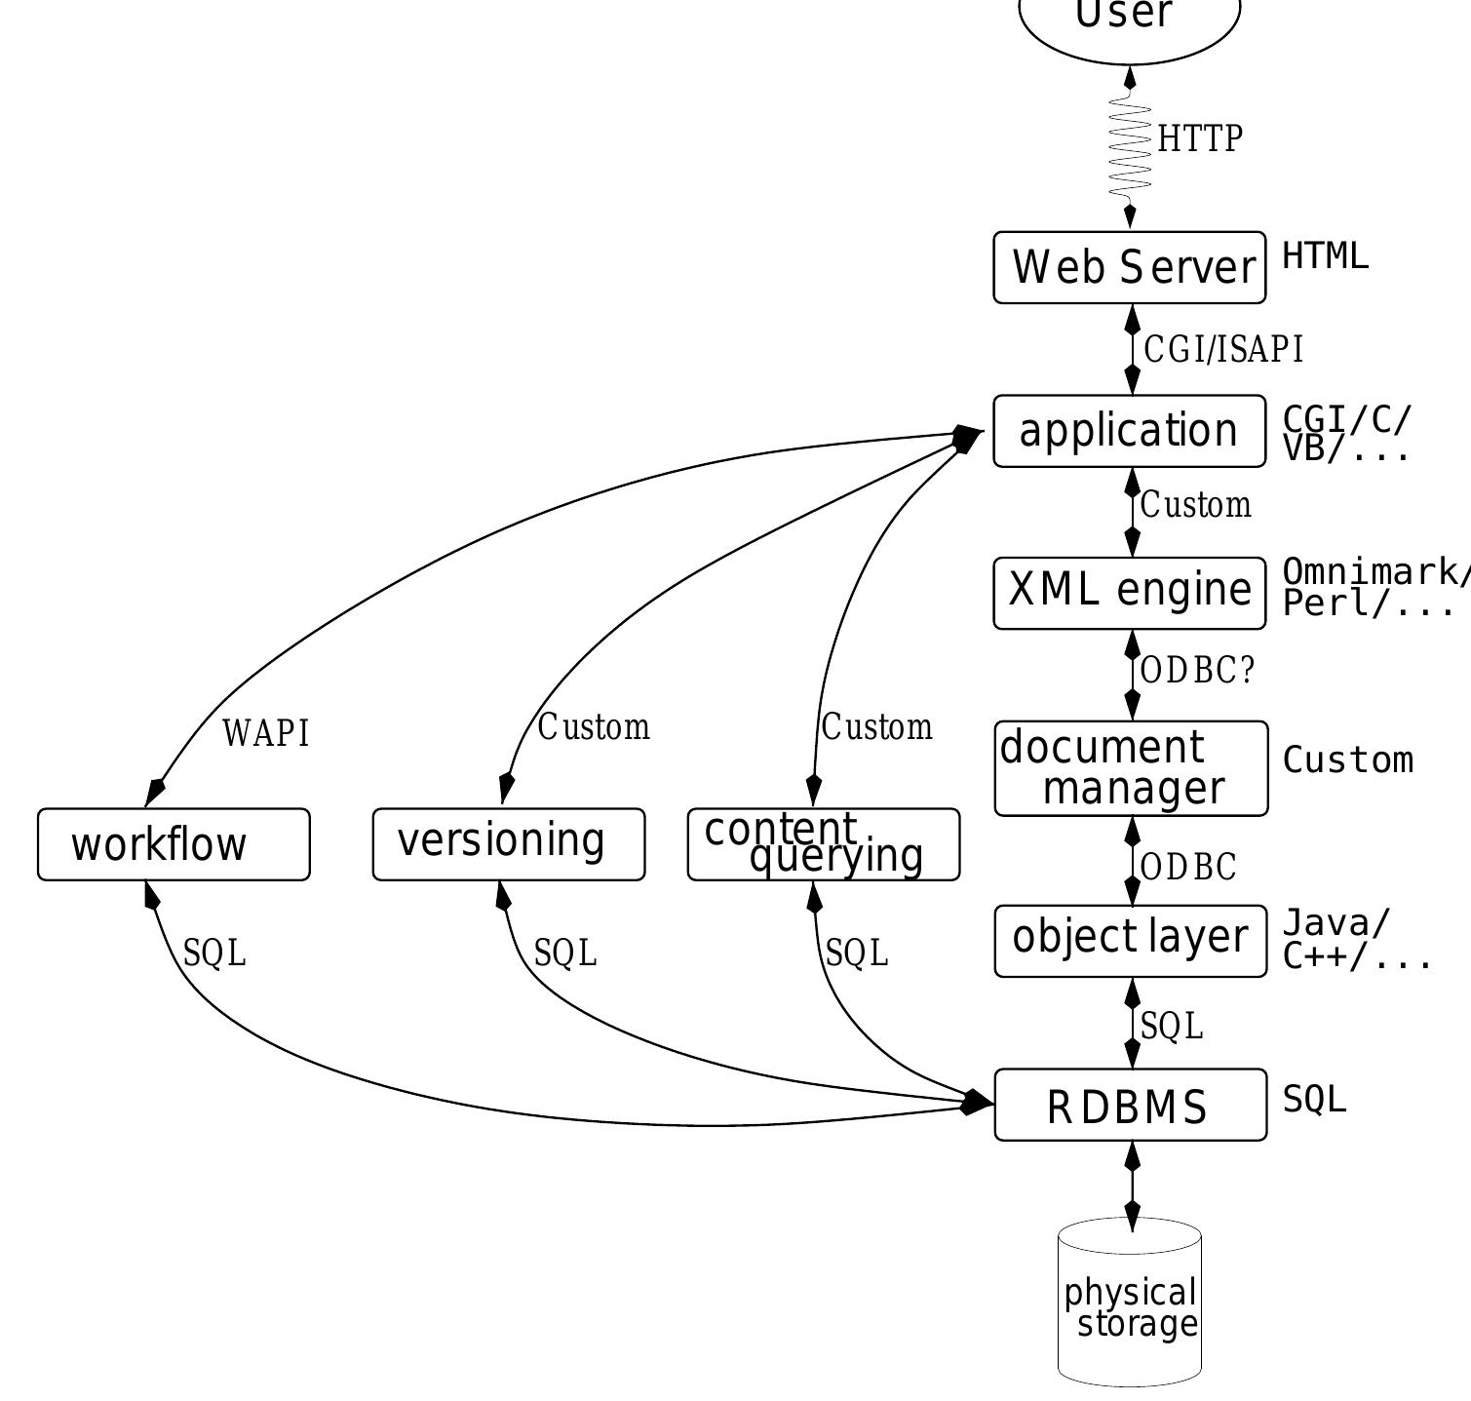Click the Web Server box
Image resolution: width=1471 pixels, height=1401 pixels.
click(x=1130, y=267)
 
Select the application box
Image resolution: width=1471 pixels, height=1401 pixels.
click(x=1130, y=431)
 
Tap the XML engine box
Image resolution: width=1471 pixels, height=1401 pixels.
click(x=1130, y=593)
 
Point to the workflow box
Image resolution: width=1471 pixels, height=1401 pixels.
click(x=174, y=844)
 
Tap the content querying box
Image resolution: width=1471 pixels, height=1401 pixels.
click(x=824, y=844)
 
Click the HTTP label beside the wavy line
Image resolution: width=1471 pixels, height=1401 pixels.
click(x=1200, y=138)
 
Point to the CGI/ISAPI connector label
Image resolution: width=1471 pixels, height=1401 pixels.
click(x=1223, y=349)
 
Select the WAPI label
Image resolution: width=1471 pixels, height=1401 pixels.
click(x=266, y=733)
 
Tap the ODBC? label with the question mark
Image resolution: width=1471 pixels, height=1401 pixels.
click(x=1197, y=671)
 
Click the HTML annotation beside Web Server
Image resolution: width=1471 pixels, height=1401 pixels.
click(x=1325, y=256)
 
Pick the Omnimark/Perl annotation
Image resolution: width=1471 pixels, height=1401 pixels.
click(x=1374, y=588)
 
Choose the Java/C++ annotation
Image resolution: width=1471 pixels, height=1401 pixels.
click(x=1355, y=940)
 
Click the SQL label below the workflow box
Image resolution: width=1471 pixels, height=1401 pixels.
click(x=214, y=953)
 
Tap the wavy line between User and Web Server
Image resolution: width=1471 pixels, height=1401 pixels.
click(x=1130, y=146)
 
